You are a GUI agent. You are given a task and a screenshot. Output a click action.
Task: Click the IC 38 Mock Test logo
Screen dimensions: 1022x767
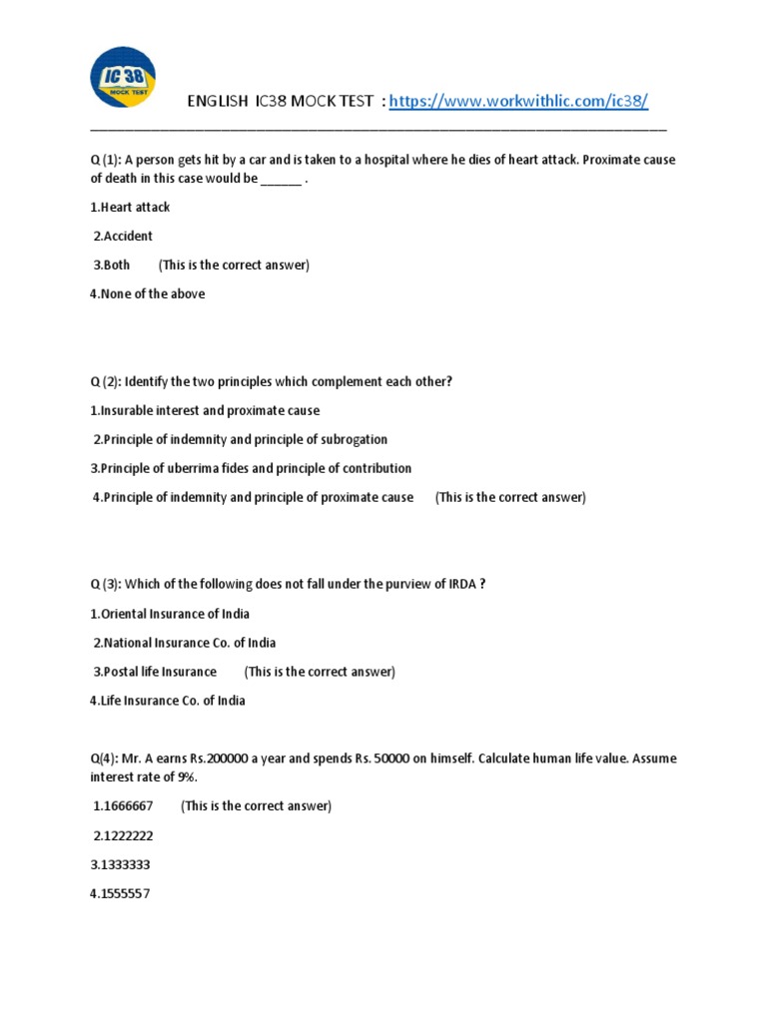point(122,79)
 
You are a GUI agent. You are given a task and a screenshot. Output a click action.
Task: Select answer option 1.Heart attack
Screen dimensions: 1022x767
point(130,208)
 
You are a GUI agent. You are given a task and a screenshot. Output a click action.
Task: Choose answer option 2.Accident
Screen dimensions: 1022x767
point(123,237)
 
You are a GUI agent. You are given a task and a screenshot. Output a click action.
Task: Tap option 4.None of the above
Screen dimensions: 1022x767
point(147,294)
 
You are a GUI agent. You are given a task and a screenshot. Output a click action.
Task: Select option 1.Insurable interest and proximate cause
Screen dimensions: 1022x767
point(205,411)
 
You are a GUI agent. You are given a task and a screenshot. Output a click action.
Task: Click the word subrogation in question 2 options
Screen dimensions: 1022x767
point(354,440)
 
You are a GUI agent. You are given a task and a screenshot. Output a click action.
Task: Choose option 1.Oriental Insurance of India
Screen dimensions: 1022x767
point(170,614)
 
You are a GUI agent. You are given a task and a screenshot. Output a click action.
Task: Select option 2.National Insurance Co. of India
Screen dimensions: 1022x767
point(185,643)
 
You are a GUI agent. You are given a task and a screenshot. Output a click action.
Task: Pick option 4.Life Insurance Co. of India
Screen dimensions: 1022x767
point(167,701)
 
